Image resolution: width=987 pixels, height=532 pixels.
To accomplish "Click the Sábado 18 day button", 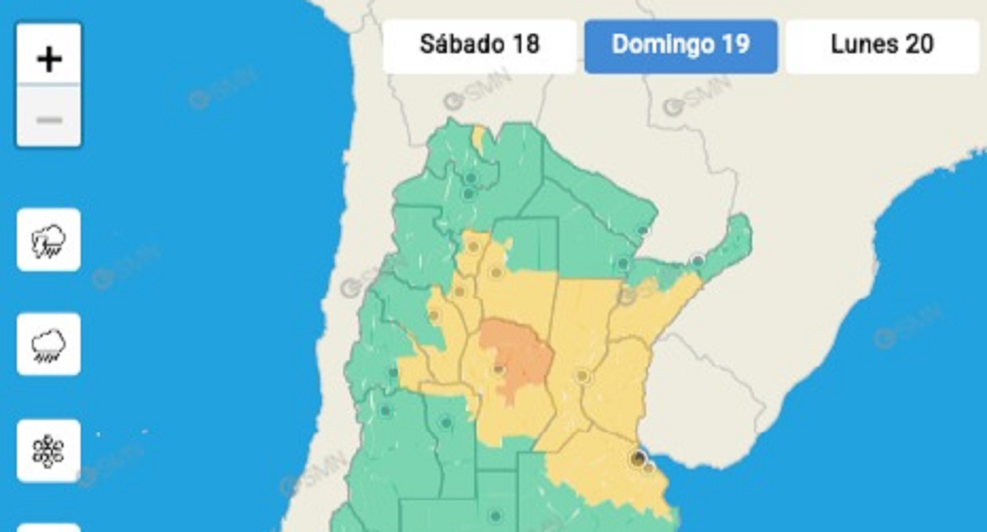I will (480, 45).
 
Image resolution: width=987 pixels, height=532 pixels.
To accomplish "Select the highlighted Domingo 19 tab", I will (681, 45).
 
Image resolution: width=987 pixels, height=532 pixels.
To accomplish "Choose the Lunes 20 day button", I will (882, 45).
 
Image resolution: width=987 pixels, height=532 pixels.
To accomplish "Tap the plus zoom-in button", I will (49, 59).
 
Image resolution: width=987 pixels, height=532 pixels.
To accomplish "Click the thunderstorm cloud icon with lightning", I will (49, 240).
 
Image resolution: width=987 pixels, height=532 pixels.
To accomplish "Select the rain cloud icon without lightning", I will (49, 344).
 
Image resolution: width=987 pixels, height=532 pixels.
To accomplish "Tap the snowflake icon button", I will (49, 451).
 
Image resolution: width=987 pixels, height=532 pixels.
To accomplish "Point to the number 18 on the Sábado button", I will (526, 44).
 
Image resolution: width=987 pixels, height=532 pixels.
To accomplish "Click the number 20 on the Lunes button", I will (919, 44).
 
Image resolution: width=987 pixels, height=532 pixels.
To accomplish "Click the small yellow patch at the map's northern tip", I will (479, 137).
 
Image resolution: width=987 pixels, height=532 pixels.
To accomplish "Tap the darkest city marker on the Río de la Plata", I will (638, 458).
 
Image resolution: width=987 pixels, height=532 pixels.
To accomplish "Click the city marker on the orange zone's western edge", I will (498, 369).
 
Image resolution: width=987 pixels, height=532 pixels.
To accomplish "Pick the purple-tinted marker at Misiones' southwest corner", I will (698, 261).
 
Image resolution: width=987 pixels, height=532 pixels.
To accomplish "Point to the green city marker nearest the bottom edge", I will (495, 516).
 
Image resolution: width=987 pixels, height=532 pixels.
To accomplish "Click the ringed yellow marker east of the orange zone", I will (582, 376).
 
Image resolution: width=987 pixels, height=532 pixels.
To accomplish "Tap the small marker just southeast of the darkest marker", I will (648, 468).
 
